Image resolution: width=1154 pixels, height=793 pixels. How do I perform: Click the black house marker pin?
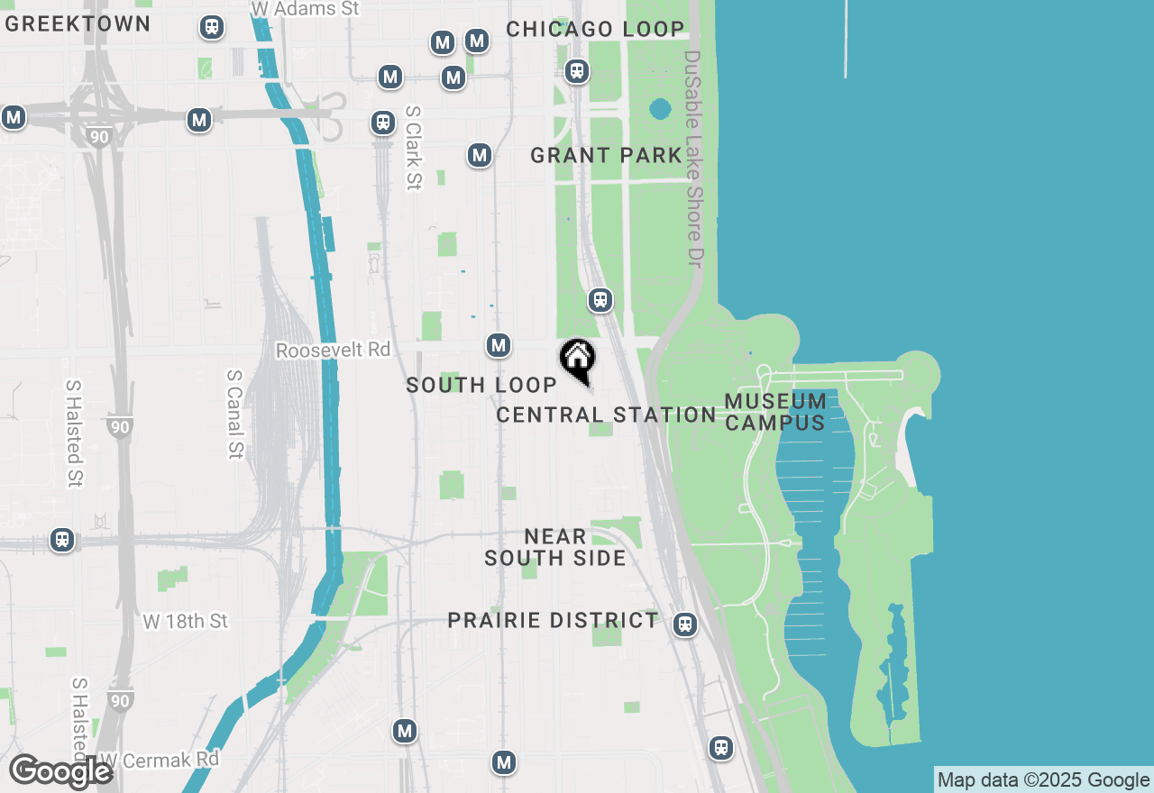pos(577,359)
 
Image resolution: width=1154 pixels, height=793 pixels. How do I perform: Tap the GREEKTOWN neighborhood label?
pos(78,24)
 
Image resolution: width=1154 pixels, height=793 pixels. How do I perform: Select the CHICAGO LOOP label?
pos(595,30)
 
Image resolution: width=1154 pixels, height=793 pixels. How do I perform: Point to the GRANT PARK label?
pos(606,156)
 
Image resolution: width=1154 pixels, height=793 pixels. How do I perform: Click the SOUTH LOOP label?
pos(481,386)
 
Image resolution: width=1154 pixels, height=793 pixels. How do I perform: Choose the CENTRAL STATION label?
pos(606,415)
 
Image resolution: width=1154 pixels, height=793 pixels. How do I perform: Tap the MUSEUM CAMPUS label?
pos(775,412)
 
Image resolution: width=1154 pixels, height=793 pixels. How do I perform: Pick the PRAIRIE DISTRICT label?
pos(554,621)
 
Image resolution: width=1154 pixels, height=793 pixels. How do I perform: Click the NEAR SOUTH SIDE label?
pos(555,548)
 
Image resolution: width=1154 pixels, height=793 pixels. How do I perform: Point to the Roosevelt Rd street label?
pos(333,350)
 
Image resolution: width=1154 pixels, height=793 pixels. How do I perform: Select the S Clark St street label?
pos(413,148)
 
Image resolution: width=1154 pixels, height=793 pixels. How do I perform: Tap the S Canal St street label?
pos(235,414)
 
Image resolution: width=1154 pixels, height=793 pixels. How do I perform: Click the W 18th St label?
pos(186,622)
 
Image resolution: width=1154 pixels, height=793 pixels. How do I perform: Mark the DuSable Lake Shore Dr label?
pos(692,158)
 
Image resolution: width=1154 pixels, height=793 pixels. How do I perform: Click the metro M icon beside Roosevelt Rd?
pos(499,345)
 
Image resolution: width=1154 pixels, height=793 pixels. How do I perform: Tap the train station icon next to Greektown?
pos(212,28)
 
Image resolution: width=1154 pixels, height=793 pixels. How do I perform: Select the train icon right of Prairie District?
pos(685,624)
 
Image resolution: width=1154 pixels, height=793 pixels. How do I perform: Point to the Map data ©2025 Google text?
pos(1043,780)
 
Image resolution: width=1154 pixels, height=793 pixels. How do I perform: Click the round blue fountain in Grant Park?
pos(660,110)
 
